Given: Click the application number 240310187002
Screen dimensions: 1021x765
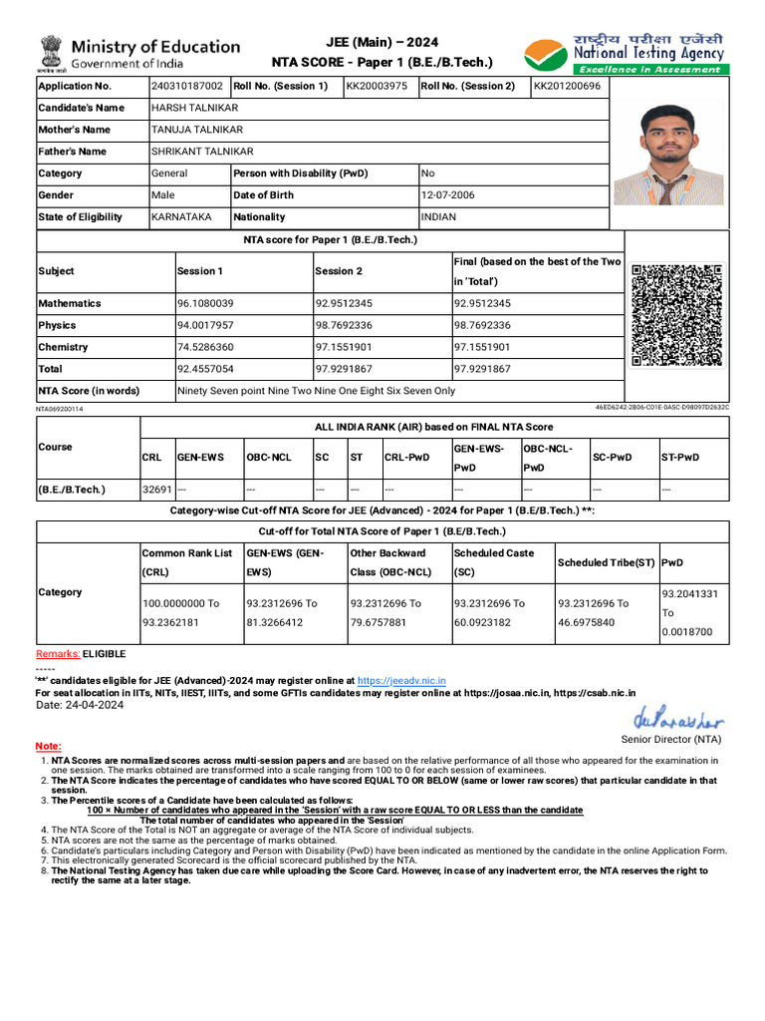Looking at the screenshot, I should [187, 86].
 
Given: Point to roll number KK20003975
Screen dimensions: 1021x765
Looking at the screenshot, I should [377, 86].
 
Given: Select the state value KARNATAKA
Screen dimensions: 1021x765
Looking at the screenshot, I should [181, 217].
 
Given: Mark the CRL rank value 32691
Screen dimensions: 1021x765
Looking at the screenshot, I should [157, 491].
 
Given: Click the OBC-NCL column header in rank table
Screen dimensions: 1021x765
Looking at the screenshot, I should [269, 458].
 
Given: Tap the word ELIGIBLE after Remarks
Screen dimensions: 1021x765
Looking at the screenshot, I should [105, 654].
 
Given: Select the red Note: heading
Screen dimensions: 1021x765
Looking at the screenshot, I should [48, 746].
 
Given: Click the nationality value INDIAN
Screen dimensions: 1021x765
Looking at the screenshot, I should [438, 217].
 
